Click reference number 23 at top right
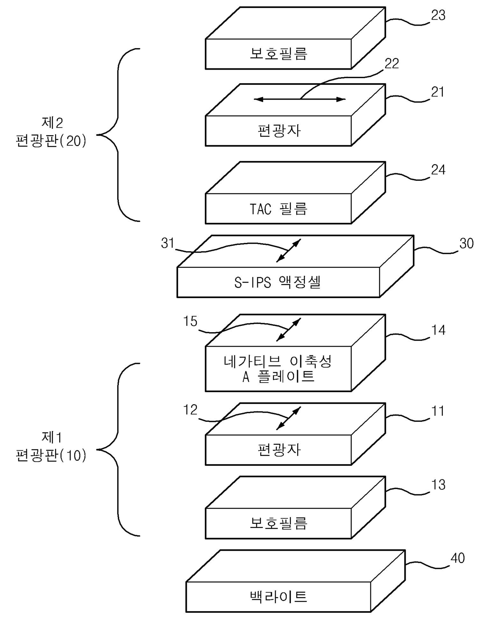pos(438,15)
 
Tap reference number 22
pos(392,64)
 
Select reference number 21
pos(438,92)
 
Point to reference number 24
pos(438,170)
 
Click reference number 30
pos(466,243)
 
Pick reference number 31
pos(168,243)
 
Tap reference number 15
pos(190,321)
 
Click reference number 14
pos(438,330)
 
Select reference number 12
pos(190,410)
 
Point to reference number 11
pos(438,411)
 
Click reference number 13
pos(438,485)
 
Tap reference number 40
pos(458,558)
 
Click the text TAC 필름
pos(278,209)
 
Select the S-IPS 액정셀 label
pos(277,282)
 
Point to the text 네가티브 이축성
pos(278,361)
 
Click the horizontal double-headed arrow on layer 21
pos(300,99)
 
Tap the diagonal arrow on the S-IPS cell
pos(288,250)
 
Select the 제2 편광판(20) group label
pos(51,132)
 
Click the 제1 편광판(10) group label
pos(51,447)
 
